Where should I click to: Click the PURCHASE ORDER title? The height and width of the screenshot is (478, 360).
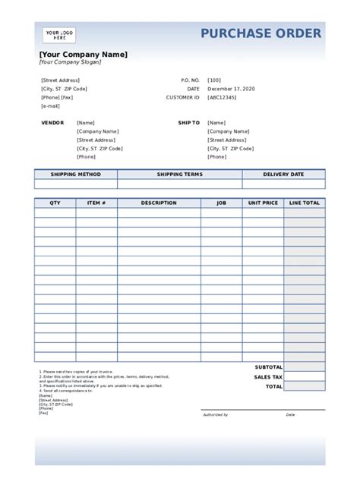(x=261, y=33)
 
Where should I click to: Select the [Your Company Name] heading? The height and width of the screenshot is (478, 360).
(x=84, y=54)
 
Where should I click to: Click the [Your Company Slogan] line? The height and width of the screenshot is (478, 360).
(x=70, y=62)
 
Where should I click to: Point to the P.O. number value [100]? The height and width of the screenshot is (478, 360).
(x=214, y=80)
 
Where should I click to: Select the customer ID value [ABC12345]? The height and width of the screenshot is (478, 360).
(x=222, y=98)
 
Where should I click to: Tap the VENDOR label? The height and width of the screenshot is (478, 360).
(x=52, y=122)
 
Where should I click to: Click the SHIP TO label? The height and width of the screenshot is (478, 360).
(x=189, y=122)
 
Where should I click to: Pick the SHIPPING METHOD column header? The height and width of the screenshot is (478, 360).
(x=76, y=175)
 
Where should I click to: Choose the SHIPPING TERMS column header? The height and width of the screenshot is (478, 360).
(x=180, y=175)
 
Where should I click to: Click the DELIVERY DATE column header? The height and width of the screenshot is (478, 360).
(x=283, y=175)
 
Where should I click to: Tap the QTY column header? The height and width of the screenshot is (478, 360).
(x=55, y=203)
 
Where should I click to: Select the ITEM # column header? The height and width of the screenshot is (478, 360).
(x=96, y=203)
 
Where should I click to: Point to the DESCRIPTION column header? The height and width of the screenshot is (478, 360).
(x=159, y=203)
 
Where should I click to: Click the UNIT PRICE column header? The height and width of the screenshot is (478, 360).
(x=263, y=203)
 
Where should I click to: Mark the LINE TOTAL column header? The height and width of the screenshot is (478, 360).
(x=305, y=203)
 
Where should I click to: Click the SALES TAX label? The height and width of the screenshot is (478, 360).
(x=268, y=377)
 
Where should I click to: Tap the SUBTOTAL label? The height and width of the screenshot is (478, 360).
(x=269, y=367)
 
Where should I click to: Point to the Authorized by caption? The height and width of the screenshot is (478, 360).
(x=215, y=415)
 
